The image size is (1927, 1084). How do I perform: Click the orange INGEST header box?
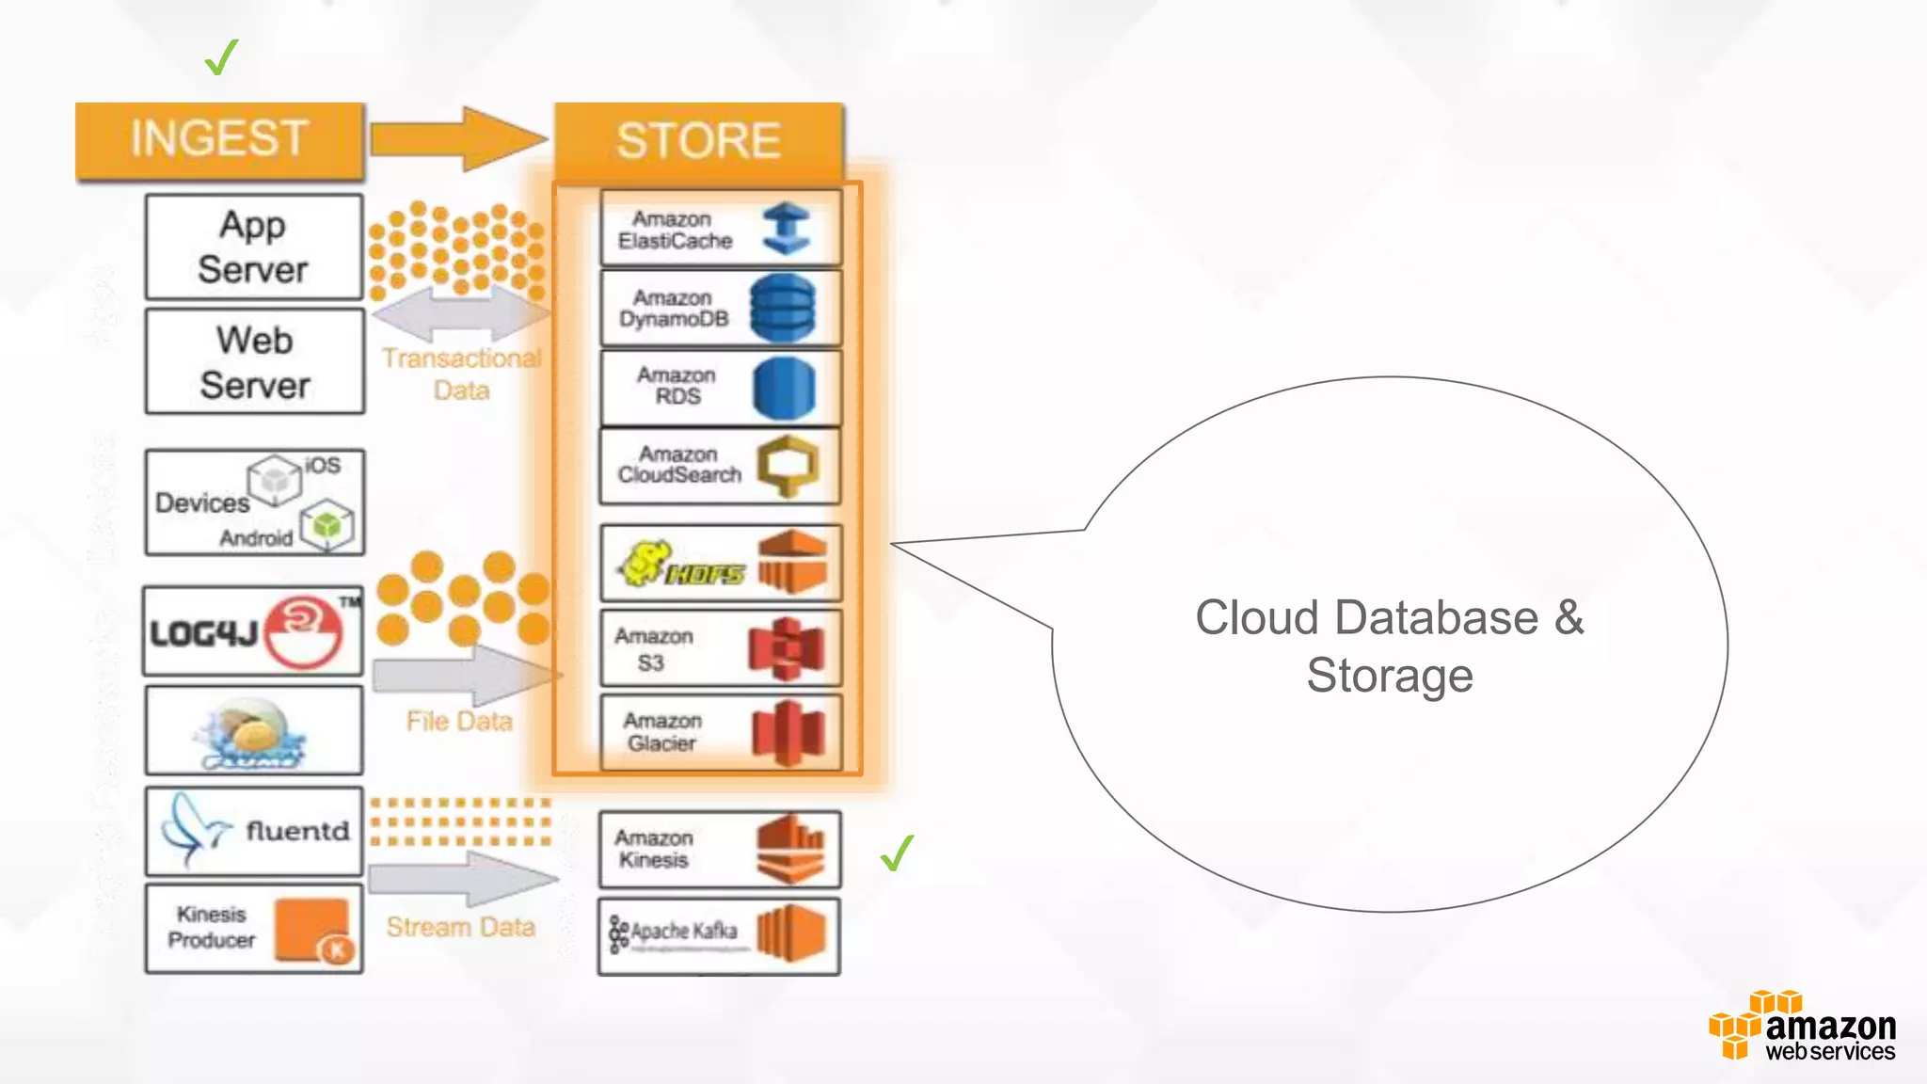219,139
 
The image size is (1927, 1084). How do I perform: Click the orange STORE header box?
698,141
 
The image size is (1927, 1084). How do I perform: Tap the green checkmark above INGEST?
221,57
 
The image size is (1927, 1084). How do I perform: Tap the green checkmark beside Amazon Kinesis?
897,853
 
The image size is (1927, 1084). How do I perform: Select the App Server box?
254,247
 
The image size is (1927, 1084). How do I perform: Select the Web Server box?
254,362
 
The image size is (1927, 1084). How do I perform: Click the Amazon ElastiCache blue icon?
787,229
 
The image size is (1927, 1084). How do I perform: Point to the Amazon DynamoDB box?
721,309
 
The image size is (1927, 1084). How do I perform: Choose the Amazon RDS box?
721,387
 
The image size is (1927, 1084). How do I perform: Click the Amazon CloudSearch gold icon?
788,466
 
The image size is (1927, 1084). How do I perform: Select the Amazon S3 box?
721,649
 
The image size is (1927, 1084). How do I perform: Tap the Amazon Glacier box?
721,732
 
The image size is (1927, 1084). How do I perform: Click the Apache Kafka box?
719,935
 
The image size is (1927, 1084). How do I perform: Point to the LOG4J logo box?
252,631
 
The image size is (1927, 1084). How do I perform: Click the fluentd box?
254,831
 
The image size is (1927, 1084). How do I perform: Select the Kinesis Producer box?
254,928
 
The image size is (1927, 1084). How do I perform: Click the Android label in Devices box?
256,538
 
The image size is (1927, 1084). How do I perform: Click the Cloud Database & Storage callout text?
1389,646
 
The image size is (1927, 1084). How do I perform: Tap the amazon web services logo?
1803,1027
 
